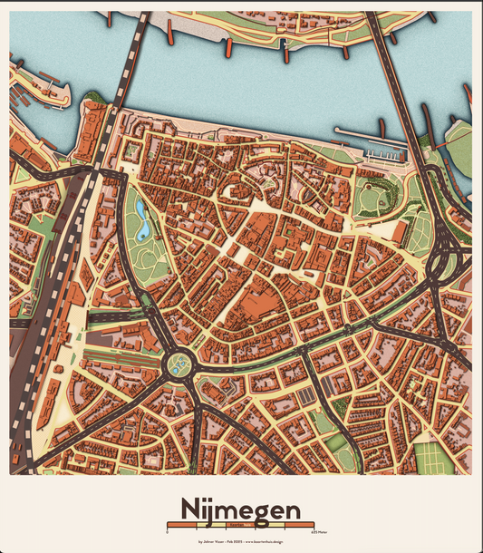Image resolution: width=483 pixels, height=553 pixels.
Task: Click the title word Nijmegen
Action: coord(240,510)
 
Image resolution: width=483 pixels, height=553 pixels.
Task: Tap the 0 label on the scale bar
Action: coord(168,532)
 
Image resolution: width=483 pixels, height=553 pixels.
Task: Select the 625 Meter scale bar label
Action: coord(319,532)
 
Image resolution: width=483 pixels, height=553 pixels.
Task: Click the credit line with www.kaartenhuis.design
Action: coord(240,542)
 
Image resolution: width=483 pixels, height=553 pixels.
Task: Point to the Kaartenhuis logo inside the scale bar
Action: coord(240,525)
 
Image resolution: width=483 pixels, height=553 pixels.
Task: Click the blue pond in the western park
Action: coord(143,220)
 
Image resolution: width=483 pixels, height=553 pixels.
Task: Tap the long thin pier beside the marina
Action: coord(362,135)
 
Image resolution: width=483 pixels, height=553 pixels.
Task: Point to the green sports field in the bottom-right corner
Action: coord(434,458)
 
